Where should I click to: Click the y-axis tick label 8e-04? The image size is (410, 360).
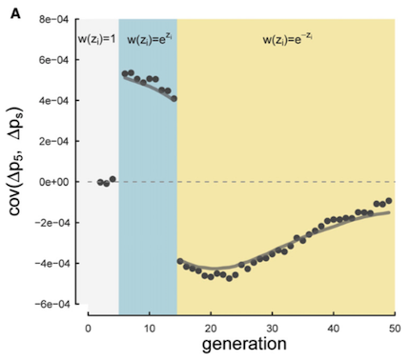54,17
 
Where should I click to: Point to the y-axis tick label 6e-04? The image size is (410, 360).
54,58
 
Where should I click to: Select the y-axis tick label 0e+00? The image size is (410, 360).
54,181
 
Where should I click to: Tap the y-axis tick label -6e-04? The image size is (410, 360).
52,304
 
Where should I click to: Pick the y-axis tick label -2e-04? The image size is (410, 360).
52,222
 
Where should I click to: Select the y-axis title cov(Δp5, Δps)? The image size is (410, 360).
17,162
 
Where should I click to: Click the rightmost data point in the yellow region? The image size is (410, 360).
389,201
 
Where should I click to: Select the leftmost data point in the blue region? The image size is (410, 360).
125,74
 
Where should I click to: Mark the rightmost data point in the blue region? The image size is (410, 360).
174,98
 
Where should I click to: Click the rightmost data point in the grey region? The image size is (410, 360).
113,179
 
